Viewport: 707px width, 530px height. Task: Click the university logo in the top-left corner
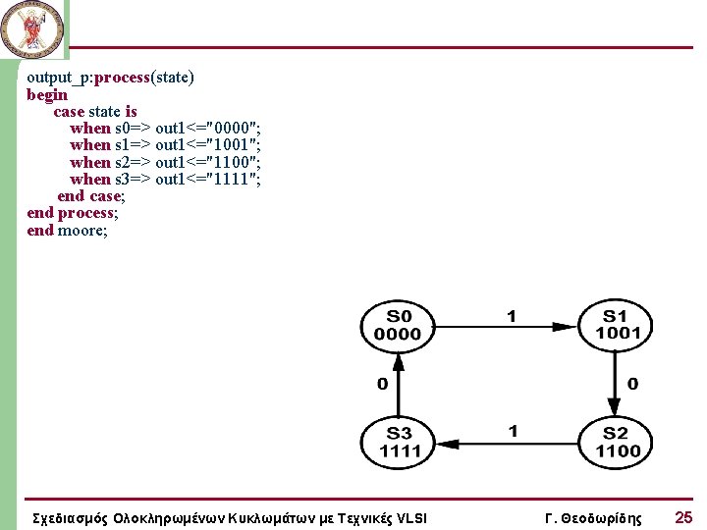click(32, 27)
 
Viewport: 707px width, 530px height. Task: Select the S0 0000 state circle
click(398, 325)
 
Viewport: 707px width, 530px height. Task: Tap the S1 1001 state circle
click(616, 325)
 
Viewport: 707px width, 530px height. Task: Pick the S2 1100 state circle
click(616, 442)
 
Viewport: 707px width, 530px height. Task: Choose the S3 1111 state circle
click(398, 442)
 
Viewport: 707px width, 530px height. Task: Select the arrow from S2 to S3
click(507, 443)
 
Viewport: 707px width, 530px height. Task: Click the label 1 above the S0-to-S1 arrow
click(511, 316)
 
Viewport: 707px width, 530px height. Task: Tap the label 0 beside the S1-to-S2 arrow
click(632, 383)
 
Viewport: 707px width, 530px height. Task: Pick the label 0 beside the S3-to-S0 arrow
click(382, 383)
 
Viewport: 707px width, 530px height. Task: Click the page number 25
click(683, 517)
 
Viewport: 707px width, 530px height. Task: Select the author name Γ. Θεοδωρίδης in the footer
click(592, 518)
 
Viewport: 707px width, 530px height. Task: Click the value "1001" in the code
click(233, 145)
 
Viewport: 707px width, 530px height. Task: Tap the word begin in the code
click(47, 95)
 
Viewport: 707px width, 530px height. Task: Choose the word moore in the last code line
click(81, 231)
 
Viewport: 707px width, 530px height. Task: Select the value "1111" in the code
click(233, 179)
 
